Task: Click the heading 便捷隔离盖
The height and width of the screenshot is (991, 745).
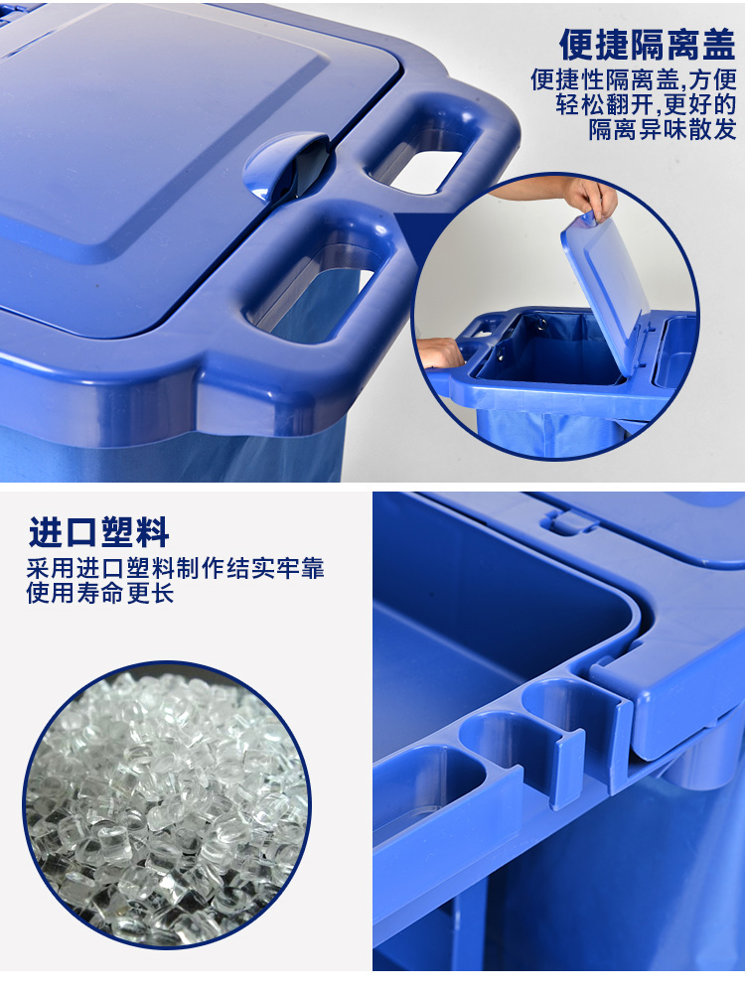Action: click(648, 45)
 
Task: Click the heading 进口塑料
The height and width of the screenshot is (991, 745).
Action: click(98, 531)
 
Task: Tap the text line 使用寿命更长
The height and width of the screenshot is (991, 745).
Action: click(100, 593)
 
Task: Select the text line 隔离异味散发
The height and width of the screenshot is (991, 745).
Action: click(663, 129)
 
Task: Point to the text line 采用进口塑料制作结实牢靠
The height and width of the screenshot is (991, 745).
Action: click(175, 568)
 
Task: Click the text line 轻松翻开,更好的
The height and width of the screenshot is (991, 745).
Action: click(647, 103)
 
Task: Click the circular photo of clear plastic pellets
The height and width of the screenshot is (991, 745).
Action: click(166, 804)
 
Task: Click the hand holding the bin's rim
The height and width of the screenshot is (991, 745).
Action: click(441, 353)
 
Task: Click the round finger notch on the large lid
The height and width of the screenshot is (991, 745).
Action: click(286, 167)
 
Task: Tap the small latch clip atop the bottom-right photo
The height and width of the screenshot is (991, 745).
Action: click(567, 521)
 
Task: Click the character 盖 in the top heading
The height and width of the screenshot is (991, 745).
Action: click(720, 45)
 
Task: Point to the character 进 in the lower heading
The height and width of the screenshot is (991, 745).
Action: click(46, 531)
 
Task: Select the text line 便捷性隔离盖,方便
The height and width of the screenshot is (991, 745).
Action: click(634, 79)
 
